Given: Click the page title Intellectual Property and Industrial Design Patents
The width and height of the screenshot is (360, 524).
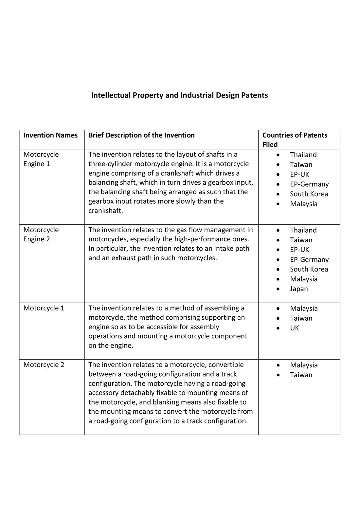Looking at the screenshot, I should pos(179,95).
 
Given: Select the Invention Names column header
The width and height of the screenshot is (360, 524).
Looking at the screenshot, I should pos(50,135).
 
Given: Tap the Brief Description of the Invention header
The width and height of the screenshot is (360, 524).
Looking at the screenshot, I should pos(141,135).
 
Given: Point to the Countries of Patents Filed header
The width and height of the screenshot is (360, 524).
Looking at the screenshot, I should pos(295,140).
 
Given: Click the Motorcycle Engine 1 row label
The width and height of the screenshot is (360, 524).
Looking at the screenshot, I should pos(41,159).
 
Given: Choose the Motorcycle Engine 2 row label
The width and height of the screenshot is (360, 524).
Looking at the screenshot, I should pos(41,234).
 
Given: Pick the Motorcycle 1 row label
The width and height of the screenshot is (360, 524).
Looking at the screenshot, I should pos(44,308).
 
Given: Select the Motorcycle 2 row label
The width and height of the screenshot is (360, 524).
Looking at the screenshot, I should pos(44,365).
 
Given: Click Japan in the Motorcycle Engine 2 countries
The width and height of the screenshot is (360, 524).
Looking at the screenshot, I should pos(299,289).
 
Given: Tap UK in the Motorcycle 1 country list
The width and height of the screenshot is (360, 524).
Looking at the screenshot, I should pos(295,328).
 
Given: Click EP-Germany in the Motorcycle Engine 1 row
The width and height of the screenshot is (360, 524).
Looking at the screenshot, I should pos(309,184).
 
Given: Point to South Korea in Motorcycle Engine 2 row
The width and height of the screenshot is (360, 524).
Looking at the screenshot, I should pos(309,269).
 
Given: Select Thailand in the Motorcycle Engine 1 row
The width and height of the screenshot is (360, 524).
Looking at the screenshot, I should pos(303,155).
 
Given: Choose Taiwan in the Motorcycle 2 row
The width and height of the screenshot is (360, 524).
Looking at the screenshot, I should pos(301,375).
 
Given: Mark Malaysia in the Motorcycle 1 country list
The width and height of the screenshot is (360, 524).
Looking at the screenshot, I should pos(304,309).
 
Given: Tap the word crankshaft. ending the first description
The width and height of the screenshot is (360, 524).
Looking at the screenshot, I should pos(106,211).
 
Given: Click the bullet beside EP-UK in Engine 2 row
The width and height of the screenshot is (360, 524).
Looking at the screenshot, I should pos(278,250).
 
